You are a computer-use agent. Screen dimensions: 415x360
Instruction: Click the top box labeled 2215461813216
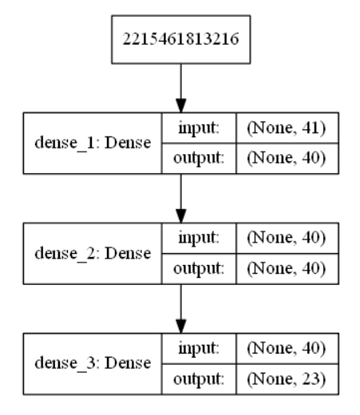(x=180, y=38)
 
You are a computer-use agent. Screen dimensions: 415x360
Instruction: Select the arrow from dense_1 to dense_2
(x=181, y=196)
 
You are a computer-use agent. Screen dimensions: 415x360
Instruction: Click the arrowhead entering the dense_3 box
(x=181, y=326)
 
